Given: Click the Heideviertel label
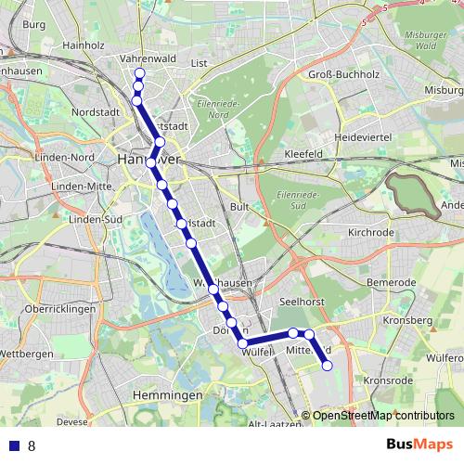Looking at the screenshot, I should click(369, 136).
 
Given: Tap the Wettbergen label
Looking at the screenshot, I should click(27, 354).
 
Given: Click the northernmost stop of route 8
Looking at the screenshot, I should click(140, 73).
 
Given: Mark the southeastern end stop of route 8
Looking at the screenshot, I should click(327, 366).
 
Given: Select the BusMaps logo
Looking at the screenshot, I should click(413, 445).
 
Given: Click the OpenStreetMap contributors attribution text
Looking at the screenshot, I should click(382, 415).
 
